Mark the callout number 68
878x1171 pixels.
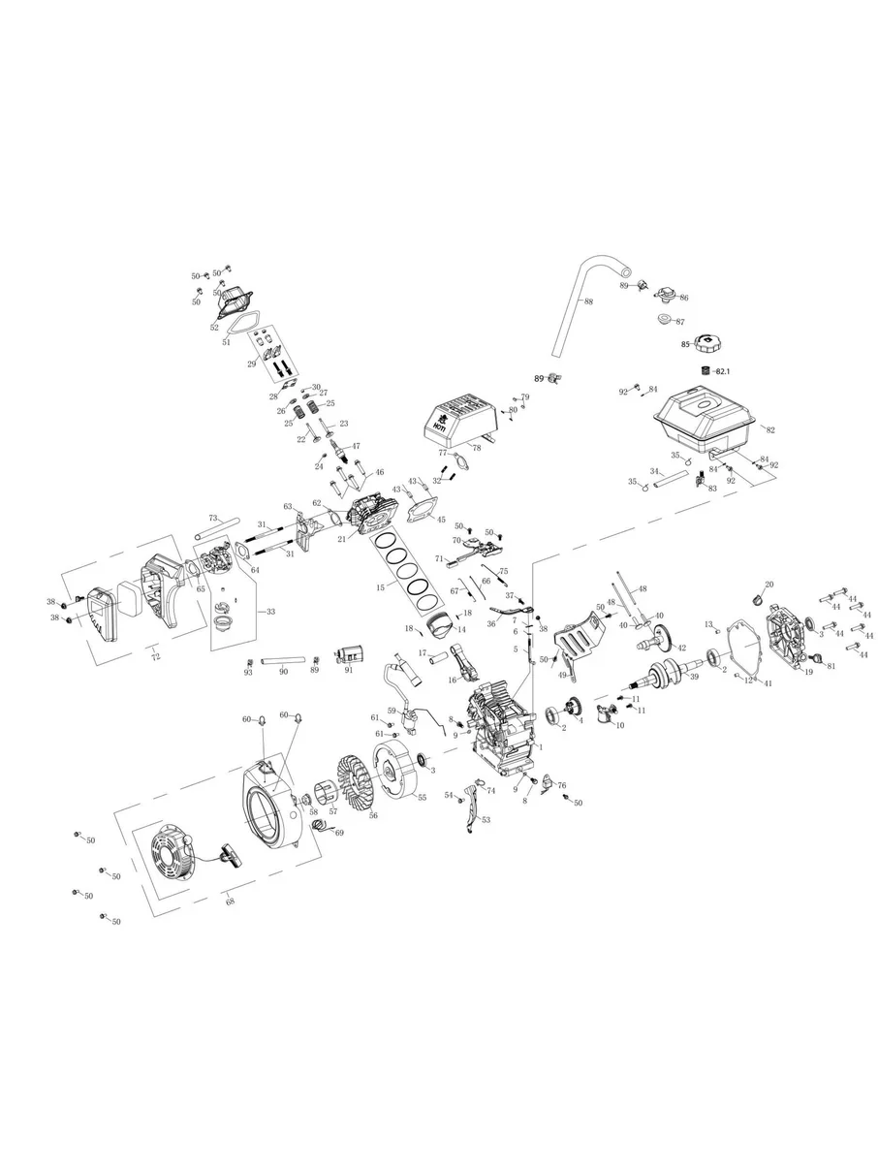[230, 902]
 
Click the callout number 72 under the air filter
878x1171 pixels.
[153, 657]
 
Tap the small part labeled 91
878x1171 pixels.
[349, 657]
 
